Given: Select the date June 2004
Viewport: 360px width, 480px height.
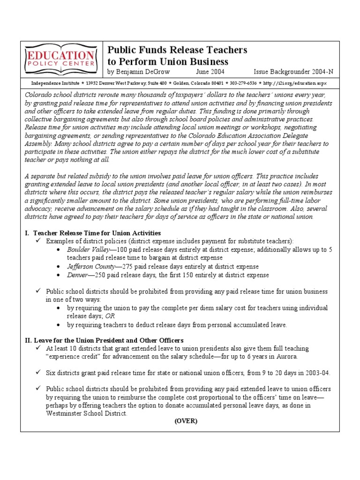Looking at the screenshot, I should [210, 72].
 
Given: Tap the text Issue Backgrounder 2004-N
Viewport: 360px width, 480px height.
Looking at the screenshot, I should [293, 72].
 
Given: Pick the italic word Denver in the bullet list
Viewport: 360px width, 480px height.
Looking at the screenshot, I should [78, 275].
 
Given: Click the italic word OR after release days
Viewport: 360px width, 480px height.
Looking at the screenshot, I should [109, 316].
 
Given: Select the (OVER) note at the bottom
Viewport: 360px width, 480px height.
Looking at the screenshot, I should [186, 421].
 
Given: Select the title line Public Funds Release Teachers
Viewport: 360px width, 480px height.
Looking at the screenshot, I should [178, 50].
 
